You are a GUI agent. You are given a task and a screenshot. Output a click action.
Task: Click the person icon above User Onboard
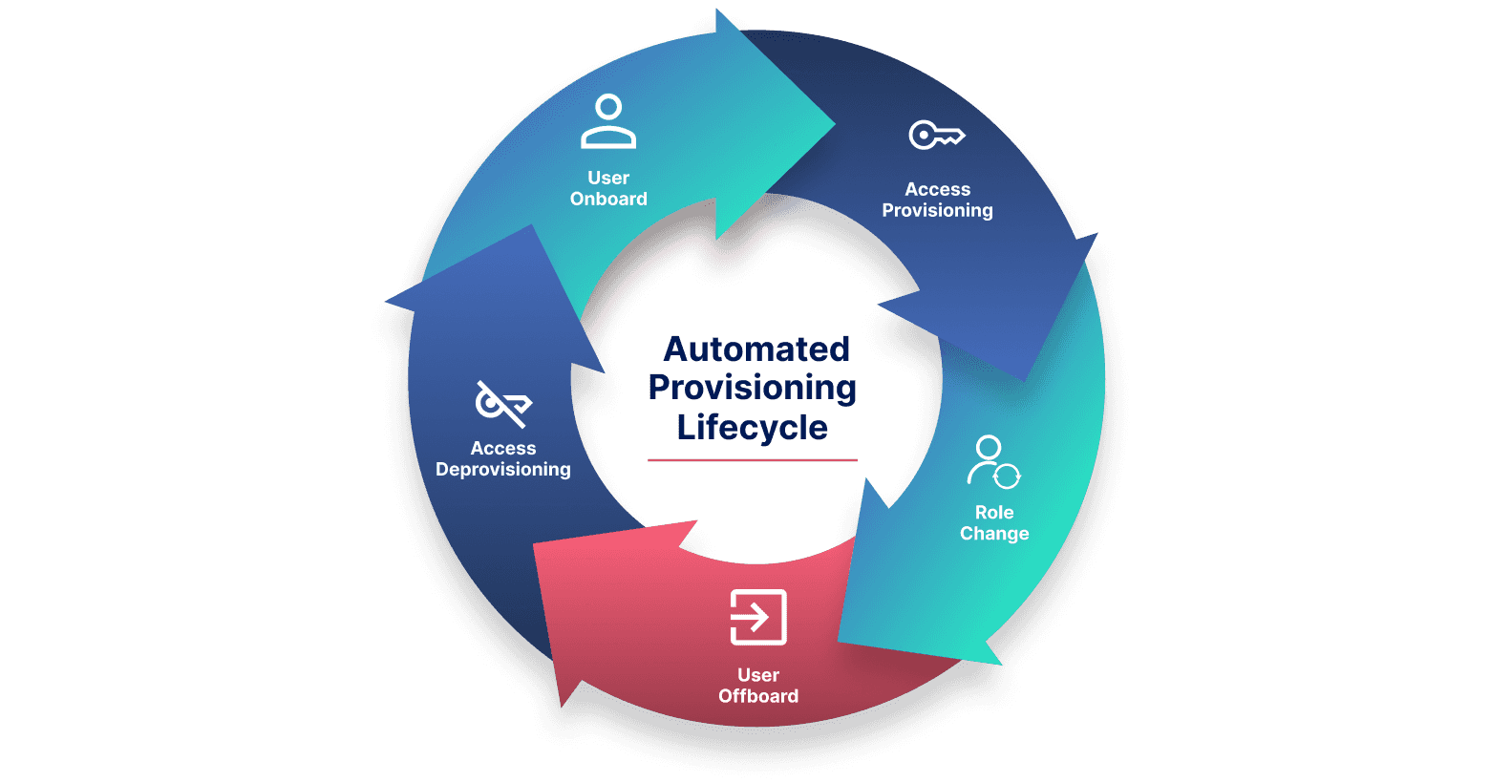608,121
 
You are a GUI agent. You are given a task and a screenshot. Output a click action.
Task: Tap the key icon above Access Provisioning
936,136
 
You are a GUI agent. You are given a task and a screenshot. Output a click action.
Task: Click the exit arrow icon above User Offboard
758,617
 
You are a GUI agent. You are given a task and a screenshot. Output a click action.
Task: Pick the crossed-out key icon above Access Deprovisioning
503,404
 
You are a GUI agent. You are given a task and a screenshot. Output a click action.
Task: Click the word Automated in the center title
756,349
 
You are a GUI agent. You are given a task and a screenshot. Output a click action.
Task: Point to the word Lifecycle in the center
752,427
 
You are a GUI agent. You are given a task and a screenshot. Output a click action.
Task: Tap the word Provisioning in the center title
752,388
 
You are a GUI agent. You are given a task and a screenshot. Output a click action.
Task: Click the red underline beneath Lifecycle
752,460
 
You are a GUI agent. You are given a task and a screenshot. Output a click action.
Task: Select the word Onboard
608,199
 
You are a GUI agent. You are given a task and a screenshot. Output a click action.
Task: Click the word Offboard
758,696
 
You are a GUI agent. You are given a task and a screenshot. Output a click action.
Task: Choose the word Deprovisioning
503,469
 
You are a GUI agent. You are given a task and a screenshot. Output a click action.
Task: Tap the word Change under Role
994,534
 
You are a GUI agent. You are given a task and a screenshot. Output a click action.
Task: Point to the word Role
994,513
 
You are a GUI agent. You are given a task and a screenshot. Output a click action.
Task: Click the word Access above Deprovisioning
503,448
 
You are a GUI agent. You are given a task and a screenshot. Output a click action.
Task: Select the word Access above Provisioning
937,189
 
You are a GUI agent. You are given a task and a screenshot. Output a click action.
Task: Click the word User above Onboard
608,178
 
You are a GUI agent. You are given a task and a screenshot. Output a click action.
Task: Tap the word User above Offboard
758,675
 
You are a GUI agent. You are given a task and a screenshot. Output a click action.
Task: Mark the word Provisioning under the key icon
937,210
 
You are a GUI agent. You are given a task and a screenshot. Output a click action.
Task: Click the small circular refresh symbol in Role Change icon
1007,475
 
